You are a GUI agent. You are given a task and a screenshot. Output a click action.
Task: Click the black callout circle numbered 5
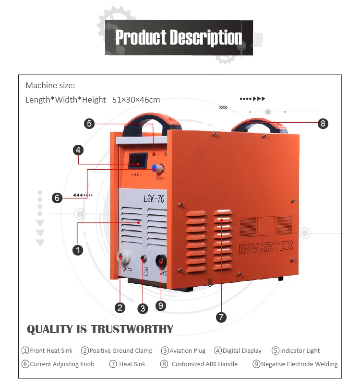point(89,124)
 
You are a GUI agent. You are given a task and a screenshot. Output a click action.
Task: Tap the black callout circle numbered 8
point(323,124)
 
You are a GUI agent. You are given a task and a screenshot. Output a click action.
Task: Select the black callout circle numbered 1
point(77,249)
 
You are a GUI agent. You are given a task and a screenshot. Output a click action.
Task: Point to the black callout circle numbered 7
point(221,317)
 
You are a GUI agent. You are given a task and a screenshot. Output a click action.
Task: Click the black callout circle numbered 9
point(161,305)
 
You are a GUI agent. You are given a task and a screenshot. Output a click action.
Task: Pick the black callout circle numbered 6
point(57,197)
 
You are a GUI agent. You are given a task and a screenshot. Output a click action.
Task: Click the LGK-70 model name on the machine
point(154,198)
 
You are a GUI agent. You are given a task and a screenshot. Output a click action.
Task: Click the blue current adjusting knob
point(156,168)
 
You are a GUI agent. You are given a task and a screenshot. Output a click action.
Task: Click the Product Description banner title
point(179,37)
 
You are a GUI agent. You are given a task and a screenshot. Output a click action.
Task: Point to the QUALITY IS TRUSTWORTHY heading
point(100,329)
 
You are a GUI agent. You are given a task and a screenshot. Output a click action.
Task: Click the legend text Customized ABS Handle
point(204,364)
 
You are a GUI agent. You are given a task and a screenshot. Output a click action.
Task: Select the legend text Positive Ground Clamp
point(120,350)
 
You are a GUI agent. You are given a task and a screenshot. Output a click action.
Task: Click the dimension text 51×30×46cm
point(136,100)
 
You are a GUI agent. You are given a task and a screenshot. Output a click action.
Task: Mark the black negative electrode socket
point(161,262)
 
